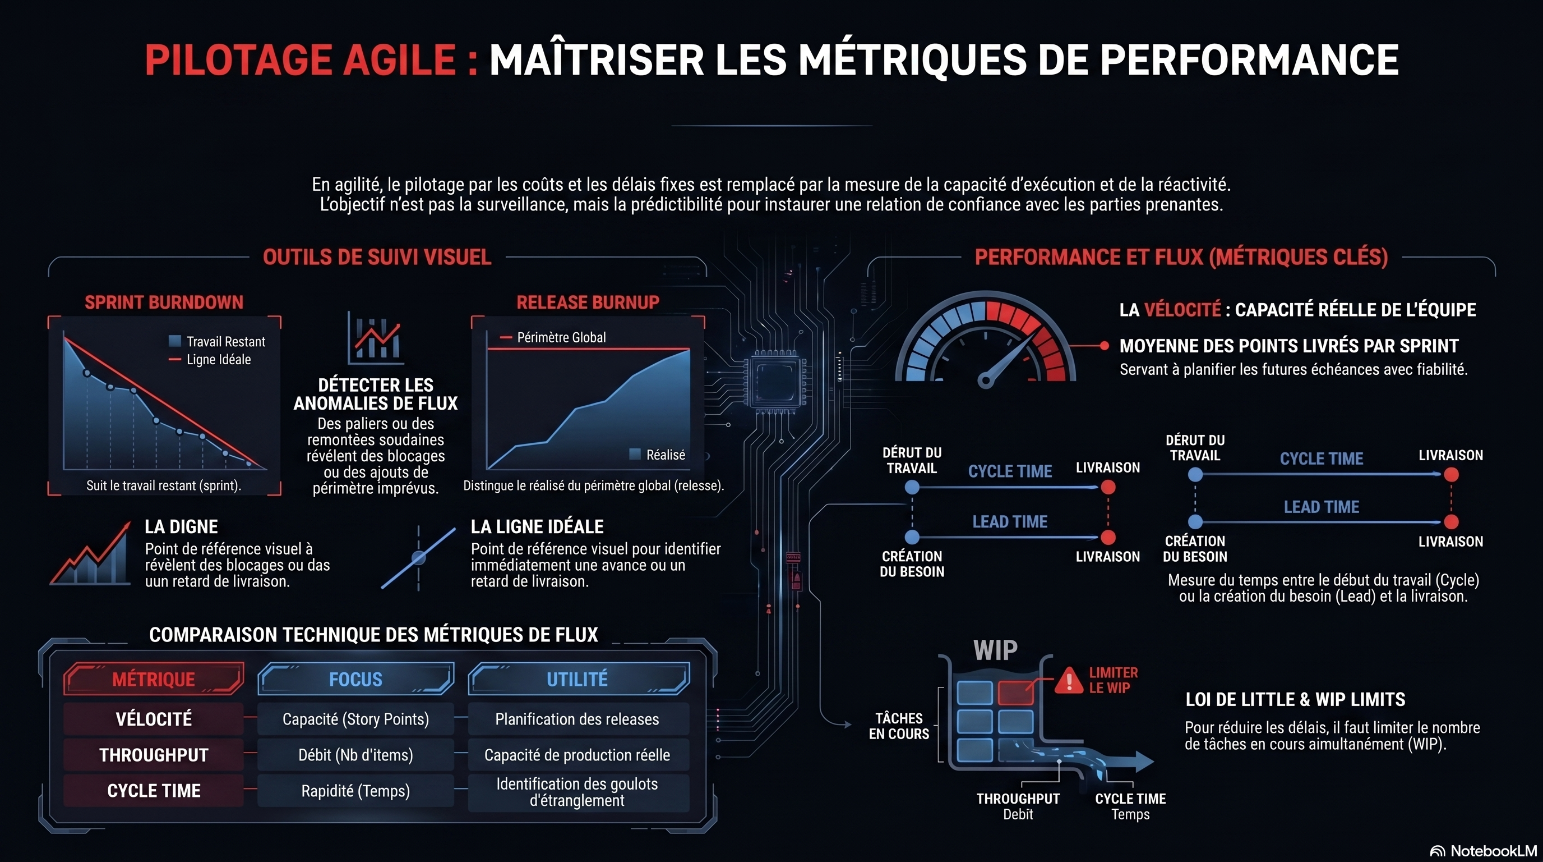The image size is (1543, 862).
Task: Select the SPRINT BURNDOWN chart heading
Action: (x=164, y=302)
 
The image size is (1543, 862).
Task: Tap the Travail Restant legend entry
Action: (x=218, y=342)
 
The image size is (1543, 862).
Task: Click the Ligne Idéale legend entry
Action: (x=210, y=360)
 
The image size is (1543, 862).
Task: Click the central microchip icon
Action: (x=775, y=381)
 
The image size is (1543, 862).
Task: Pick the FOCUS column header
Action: (x=356, y=679)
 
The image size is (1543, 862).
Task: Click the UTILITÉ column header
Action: (x=578, y=679)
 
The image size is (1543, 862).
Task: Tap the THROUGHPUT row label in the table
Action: (x=154, y=755)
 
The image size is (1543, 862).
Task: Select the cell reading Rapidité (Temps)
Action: (x=356, y=791)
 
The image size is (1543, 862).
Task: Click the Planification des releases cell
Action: (x=578, y=719)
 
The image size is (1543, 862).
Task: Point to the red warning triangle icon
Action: (x=1068, y=680)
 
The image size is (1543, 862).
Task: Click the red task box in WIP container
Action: (x=1015, y=693)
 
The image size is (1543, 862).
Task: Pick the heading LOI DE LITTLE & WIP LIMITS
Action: (x=1296, y=700)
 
